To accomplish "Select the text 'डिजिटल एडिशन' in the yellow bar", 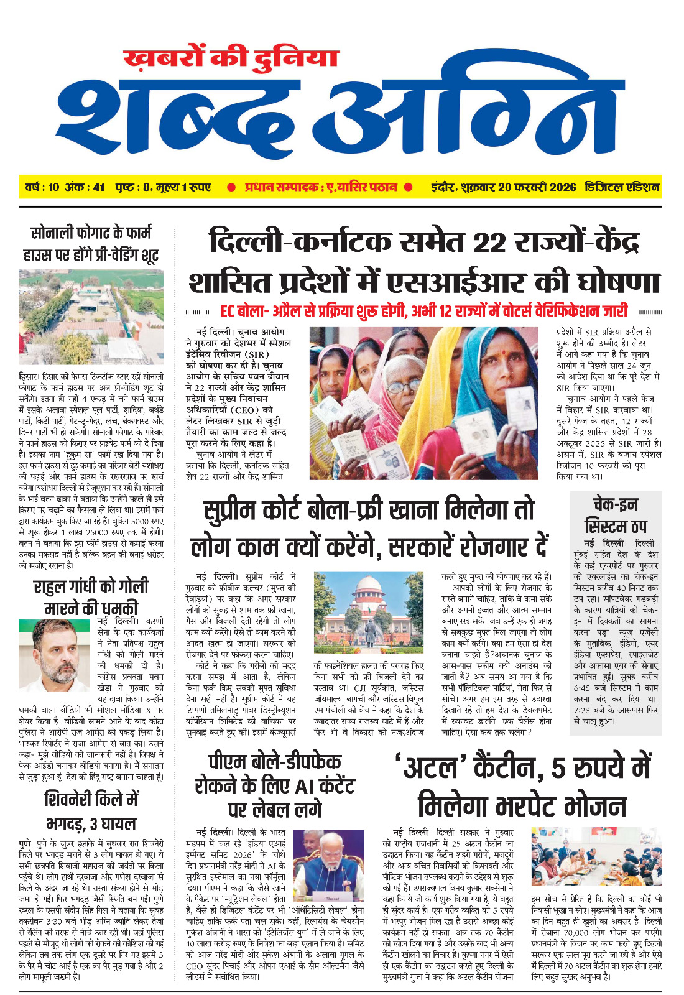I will (x=622, y=187).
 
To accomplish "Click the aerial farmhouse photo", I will (x=91, y=317).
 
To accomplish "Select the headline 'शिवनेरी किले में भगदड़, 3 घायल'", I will (x=91, y=811).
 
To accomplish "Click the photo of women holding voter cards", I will (x=423, y=404).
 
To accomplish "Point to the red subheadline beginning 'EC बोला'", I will (x=423, y=312).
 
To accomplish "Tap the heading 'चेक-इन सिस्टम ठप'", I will (x=616, y=515).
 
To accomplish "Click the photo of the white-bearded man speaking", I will (x=328, y=866).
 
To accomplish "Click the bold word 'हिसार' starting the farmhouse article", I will (x=29, y=377).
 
